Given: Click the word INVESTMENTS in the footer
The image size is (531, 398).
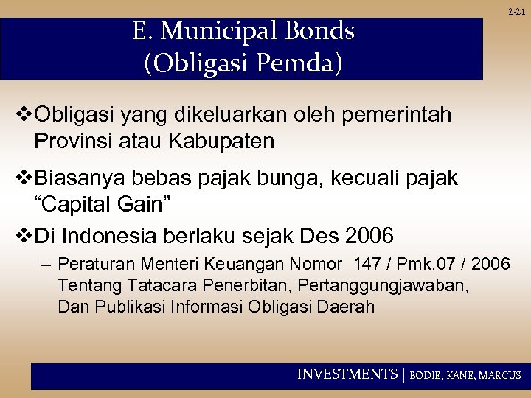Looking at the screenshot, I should (x=347, y=374).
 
